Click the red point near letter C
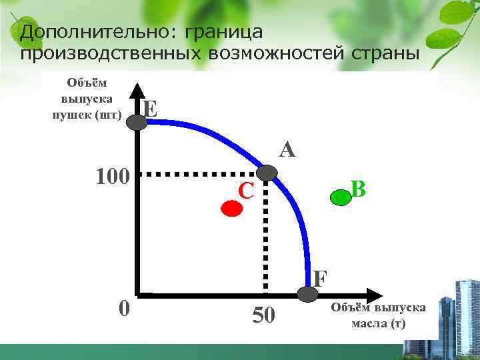(231, 208)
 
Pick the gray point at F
(306, 292)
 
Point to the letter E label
(151, 107)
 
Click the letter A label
(287, 149)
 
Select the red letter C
(246, 191)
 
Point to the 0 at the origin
(123, 309)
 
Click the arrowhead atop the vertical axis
(137, 90)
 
